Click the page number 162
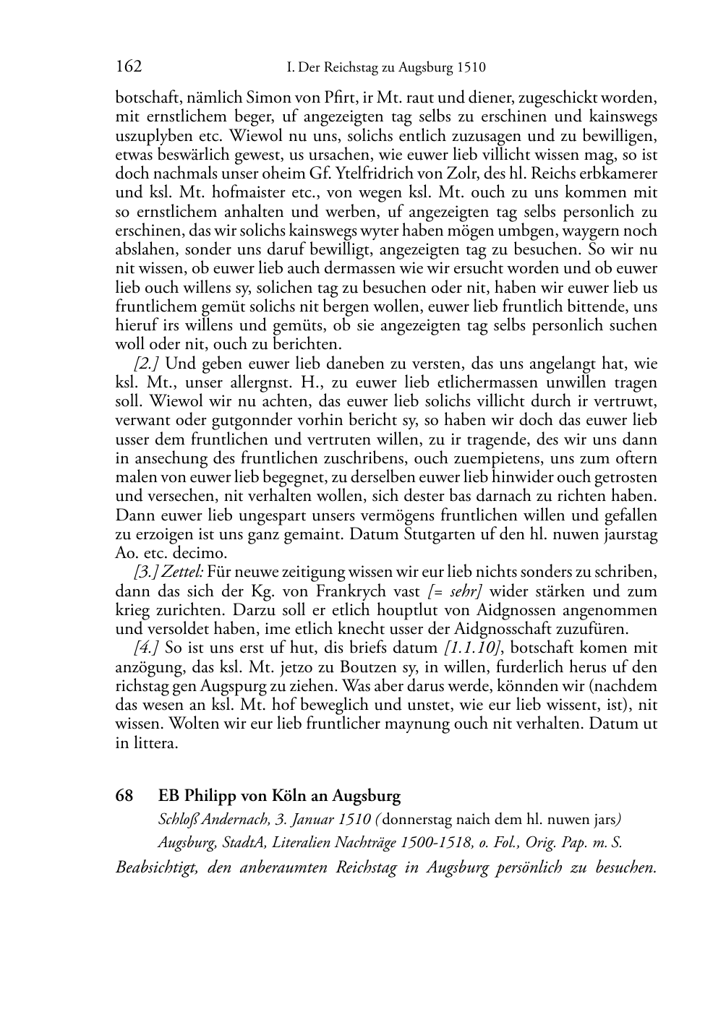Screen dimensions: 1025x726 129,67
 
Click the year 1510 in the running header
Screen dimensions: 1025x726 471,68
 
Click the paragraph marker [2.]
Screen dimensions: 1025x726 147,364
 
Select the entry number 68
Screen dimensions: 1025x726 124,796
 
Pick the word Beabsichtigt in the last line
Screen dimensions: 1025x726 156,867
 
